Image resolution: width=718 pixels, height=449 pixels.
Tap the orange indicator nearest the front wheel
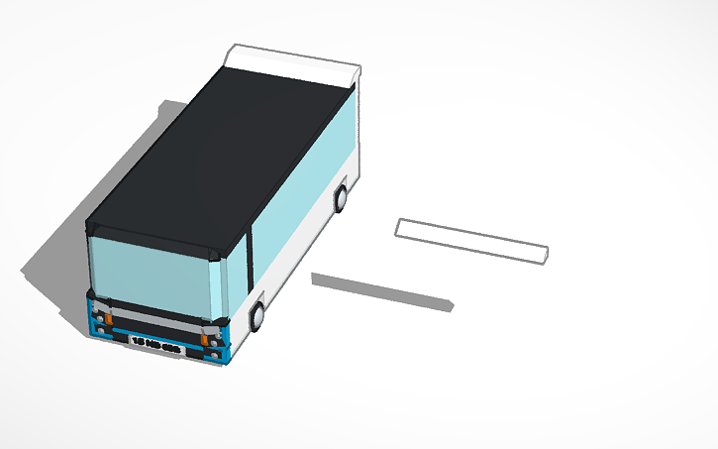[206, 339]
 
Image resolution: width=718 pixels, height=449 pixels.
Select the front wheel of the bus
[258, 316]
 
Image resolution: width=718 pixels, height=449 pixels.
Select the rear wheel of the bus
[341, 198]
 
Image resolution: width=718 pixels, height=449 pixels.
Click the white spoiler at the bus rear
[297, 61]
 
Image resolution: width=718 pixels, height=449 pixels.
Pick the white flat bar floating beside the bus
[471, 241]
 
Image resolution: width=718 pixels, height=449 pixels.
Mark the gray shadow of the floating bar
[381, 290]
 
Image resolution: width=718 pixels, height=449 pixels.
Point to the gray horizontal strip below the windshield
[154, 316]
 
